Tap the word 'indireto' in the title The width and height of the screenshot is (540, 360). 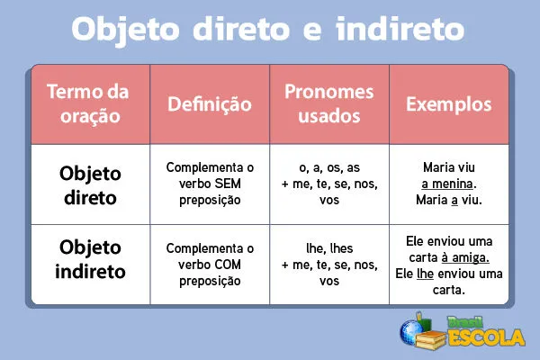coord(403,29)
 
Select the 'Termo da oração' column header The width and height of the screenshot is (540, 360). coord(87,104)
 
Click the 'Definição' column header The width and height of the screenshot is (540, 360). coord(210,104)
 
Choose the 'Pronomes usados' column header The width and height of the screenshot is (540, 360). coord(328,104)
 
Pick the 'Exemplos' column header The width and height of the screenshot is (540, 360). coord(449,104)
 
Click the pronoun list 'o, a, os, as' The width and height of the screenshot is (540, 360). coord(328,167)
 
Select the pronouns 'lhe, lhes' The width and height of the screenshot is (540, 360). coord(328,248)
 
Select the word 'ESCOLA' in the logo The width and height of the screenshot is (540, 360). coord(485,338)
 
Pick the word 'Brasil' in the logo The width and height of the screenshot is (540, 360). coord(467,320)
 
